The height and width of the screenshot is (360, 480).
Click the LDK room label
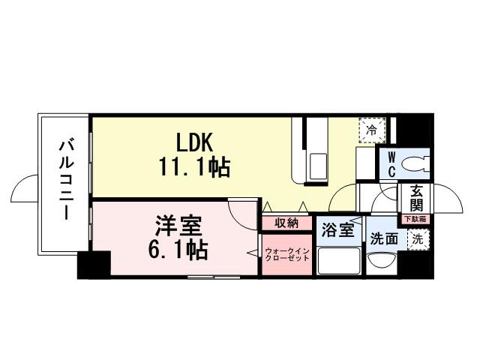[196, 142]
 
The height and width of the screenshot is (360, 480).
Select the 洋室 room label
[177, 224]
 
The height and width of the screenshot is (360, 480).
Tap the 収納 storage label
[286, 223]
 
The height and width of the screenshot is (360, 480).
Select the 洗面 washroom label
[383, 241]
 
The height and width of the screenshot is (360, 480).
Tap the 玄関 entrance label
[415, 199]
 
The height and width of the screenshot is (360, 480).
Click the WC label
[391, 163]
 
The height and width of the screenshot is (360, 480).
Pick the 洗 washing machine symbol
[415, 239]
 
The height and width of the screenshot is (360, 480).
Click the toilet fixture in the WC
[417, 163]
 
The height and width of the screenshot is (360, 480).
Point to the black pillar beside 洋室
[94, 265]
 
